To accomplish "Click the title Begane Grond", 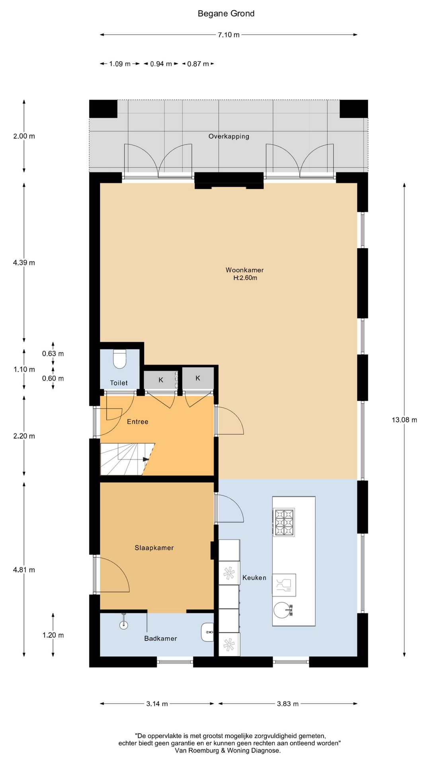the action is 226,14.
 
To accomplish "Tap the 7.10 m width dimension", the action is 229,35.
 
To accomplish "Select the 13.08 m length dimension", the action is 405,420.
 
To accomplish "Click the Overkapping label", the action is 229,136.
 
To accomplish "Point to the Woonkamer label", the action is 244,270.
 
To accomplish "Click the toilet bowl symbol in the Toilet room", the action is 119,359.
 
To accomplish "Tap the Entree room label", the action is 138,422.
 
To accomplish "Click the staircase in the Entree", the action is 127,459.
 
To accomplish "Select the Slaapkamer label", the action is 154,548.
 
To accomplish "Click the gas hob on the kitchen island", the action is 284,522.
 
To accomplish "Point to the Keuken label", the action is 254,578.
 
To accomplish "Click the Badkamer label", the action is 160,639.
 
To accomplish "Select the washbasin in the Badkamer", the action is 207,632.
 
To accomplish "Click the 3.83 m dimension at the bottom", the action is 288,704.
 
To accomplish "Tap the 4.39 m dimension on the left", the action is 24,263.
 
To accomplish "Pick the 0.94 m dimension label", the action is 161,64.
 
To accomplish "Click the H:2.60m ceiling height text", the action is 245,278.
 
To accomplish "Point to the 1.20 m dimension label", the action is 53,635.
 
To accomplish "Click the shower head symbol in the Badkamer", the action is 124,623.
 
